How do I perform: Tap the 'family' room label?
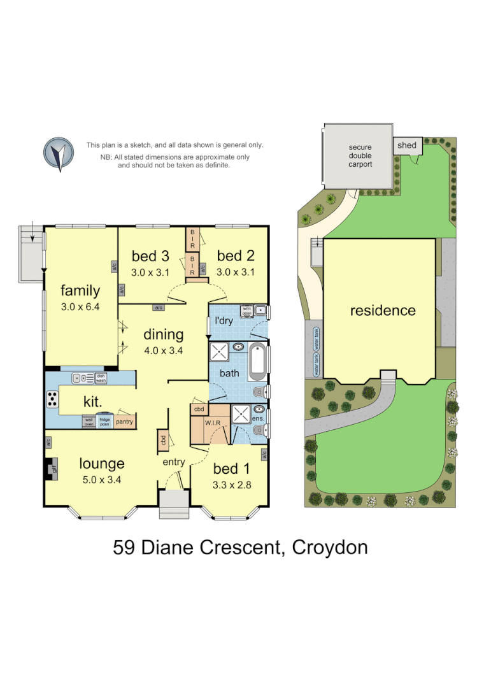(x=80, y=291)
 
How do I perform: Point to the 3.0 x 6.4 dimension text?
(x=80, y=307)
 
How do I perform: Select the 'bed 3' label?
(x=150, y=256)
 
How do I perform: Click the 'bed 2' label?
(x=236, y=256)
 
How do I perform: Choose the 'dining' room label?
(x=163, y=334)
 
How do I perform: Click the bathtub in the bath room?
(x=257, y=361)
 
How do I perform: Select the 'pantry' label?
(x=124, y=422)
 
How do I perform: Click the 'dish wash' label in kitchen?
(x=101, y=378)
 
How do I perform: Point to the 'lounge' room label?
(x=102, y=463)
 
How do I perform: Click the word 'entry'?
(x=173, y=462)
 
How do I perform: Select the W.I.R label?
(x=212, y=422)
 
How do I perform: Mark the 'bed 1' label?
(x=231, y=469)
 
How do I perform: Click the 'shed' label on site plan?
(x=406, y=145)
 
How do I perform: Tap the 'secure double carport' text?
(x=360, y=155)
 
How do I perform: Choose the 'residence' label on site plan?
(x=383, y=310)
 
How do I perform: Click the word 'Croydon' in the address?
(x=329, y=547)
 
